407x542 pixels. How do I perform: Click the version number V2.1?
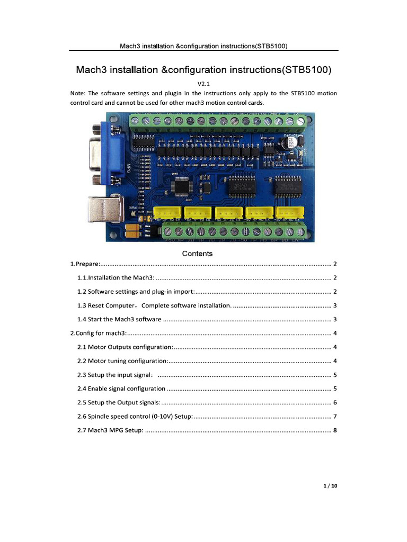tap(204, 84)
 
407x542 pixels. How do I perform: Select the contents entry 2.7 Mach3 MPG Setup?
tap(110, 430)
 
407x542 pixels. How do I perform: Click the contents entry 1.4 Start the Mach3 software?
tap(119, 319)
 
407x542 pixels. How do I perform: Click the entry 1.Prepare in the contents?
tap(85, 264)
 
